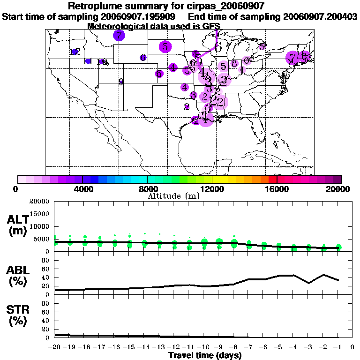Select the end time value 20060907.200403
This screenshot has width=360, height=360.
click(x=321, y=16)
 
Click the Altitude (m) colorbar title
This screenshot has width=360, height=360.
click(x=173, y=195)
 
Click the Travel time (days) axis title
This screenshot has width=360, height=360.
click(x=205, y=355)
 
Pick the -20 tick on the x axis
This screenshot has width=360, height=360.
click(x=55, y=347)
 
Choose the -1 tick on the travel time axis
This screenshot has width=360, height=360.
click(x=337, y=347)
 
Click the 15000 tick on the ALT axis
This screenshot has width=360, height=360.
click(x=39, y=214)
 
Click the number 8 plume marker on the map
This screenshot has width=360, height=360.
click(x=234, y=63)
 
